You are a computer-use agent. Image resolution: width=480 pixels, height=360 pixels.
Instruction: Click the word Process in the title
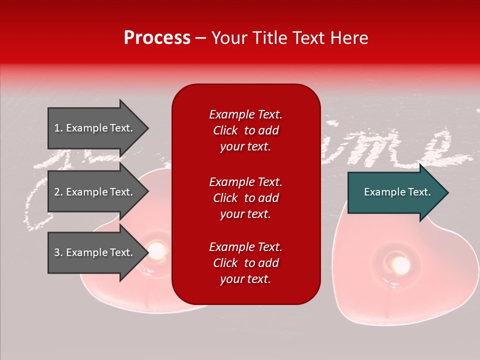157,38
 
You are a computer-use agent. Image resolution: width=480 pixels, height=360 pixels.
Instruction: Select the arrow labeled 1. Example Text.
95,128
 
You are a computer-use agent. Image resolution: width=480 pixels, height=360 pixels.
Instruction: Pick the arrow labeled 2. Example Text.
95,192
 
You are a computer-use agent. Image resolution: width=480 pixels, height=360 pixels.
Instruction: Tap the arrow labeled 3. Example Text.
95,252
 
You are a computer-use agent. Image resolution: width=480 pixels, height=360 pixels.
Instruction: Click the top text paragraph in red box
245,130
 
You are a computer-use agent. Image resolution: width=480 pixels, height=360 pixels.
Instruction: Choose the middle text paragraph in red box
245,198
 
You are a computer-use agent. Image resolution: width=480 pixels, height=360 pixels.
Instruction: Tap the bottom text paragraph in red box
245,263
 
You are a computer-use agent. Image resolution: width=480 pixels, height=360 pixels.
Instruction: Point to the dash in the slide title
200,38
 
